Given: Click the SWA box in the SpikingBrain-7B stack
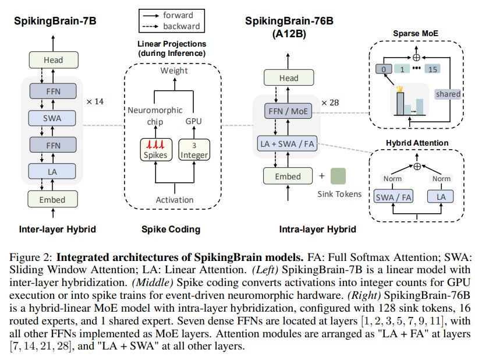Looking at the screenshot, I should tap(52, 118).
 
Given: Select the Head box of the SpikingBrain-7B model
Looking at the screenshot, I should tap(52, 59).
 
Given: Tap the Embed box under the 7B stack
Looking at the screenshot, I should tap(52, 199).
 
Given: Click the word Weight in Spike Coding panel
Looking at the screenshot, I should tap(174, 70).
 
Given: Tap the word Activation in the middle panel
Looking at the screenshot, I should tap(174, 200).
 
